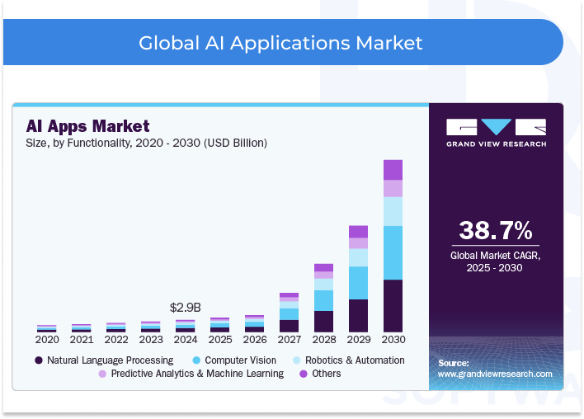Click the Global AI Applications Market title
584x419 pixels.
[280, 42]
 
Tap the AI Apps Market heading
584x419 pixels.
[87, 126]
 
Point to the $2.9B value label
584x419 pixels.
[186, 307]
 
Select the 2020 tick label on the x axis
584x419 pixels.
[47, 339]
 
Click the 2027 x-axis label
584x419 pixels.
[289, 339]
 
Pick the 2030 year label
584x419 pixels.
[393, 339]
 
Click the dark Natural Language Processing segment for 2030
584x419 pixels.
[393, 305]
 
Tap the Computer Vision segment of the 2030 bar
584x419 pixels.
[393, 252]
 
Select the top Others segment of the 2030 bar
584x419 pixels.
[393, 169]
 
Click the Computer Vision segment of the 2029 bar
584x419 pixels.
[358, 282]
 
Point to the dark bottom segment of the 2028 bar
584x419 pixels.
[323, 321]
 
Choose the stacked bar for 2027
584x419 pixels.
[289, 313]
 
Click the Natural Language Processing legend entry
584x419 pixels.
[104, 360]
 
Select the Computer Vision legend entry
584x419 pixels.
[236, 360]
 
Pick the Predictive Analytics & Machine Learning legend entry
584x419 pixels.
[191, 374]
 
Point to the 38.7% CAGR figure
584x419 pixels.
[495, 230]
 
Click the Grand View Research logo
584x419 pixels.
[496, 133]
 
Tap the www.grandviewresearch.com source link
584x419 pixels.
[495, 374]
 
